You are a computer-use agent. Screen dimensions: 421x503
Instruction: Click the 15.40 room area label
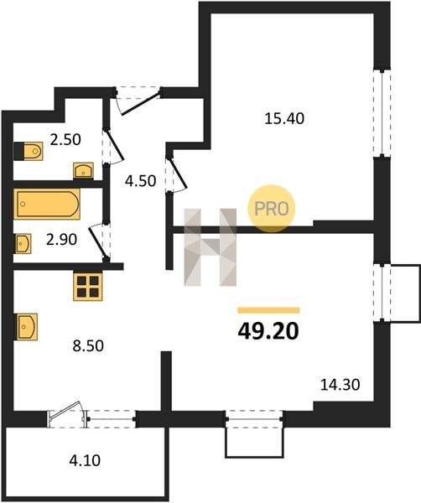(284, 118)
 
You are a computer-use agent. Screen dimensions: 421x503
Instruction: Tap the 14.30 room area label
(340, 384)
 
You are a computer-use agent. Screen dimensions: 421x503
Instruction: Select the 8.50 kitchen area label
(88, 345)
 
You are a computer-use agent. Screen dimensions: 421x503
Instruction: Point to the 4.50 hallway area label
(141, 181)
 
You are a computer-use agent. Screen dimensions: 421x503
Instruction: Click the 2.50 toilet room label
(65, 140)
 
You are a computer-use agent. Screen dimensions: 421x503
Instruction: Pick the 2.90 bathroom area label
(61, 239)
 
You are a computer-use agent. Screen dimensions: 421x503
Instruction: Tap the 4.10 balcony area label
(85, 460)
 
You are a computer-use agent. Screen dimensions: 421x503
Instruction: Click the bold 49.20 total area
(268, 331)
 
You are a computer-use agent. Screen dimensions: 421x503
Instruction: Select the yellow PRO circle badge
(271, 209)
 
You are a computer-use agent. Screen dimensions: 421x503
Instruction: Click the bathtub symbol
(47, 204)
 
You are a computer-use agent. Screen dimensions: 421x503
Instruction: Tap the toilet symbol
(29, 151)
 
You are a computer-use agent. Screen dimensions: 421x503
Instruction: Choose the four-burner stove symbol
(88, 287)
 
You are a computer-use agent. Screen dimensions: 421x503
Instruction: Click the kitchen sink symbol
(26, 327)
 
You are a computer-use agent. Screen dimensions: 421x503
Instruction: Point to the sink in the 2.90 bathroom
(23, 244)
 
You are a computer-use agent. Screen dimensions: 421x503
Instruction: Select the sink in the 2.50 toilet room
(83, 170)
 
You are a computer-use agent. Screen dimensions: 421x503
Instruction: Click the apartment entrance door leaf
(141, 102)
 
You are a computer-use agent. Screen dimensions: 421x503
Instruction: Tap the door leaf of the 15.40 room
(178, 173)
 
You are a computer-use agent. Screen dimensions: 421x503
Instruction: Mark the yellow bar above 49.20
(268, 310)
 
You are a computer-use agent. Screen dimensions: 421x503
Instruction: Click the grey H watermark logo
(210, 247)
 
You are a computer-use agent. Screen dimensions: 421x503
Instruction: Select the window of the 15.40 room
(382, 113)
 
